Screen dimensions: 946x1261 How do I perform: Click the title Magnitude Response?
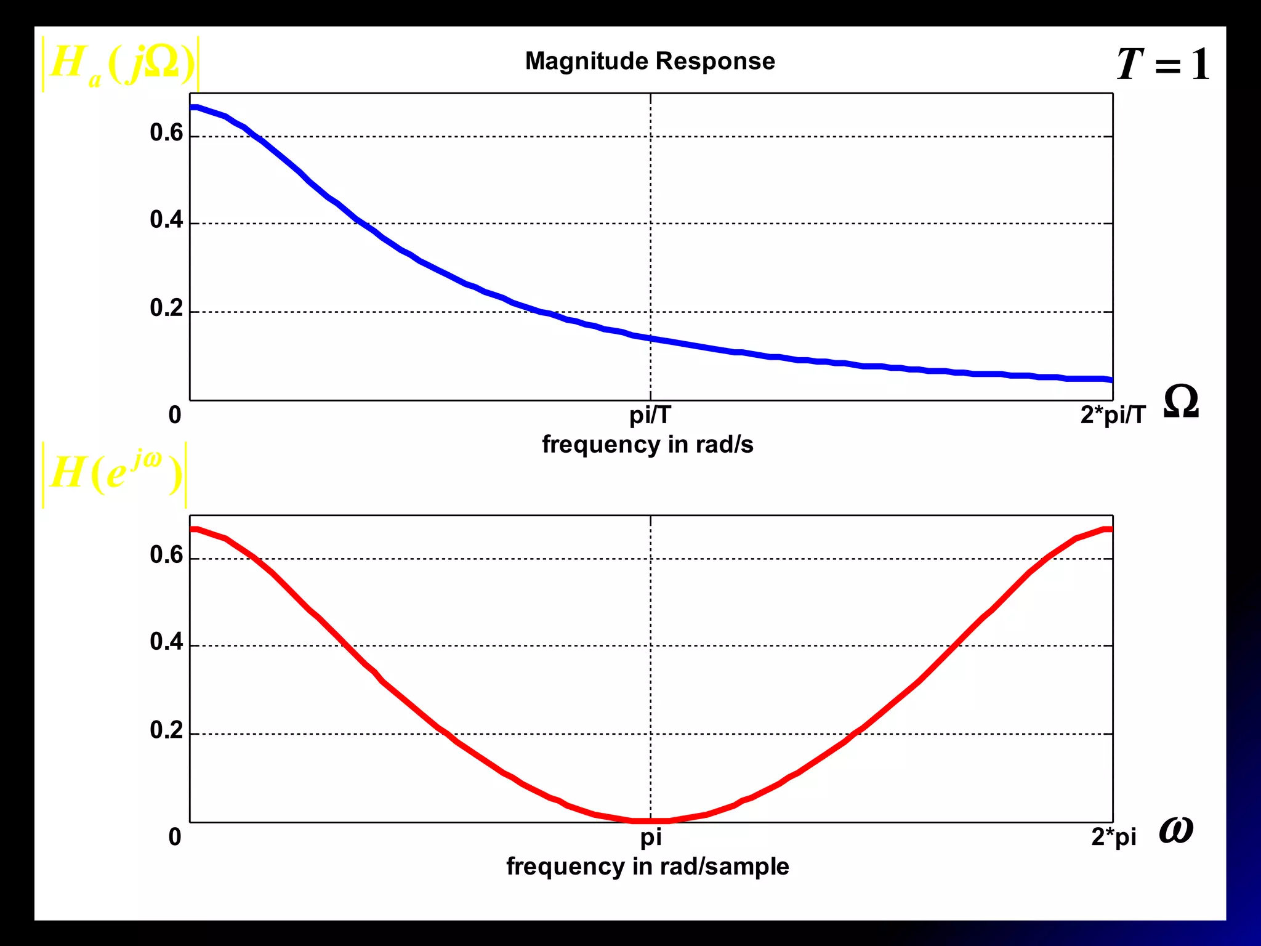pyautogui.click(x=650, y=61)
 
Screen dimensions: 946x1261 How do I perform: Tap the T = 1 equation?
pyautogui.click(x=1162, y=64)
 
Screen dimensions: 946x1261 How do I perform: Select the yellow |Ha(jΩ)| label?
pyautogui.click(x=121, y=65)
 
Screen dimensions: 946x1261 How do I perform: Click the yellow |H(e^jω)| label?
pyautogui.click(x=115, y=474)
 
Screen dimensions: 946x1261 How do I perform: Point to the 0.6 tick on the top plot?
pyautogui.click(x=166, y=133)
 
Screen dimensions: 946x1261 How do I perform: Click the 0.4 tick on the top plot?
pyautogui.click(x=166, y=220)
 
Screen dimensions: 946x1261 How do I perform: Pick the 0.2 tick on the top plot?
pyautogui.click(x=166, y=308)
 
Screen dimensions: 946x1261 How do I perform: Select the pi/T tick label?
pyautogui.click(x=650, y=415)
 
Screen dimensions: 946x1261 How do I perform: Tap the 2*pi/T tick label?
pyautogui.click(x=1113, y=415)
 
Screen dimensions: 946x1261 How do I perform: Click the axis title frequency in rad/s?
pyautogui.click(x=647, y=444)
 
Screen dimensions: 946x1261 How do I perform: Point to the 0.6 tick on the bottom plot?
pyautogui.click(x=166, y=555)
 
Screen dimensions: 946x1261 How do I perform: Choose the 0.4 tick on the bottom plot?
pyautogui.click(x=166, y=642)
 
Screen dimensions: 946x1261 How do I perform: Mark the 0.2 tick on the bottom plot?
pyautogui.click(x=166, y=730)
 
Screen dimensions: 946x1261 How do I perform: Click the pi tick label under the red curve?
pyautogui.click(x=651, y=837)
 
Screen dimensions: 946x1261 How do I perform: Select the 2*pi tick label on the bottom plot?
pyautogui.click(x=1113, y=837)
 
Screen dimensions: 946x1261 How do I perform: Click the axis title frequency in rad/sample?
pyautogui.click(x=647, y=867)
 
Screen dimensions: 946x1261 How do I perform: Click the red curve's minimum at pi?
pyautogui.click(x=651, y=820)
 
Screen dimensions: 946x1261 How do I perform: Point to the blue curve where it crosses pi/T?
pyautogui.click(x=651, y=338)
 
